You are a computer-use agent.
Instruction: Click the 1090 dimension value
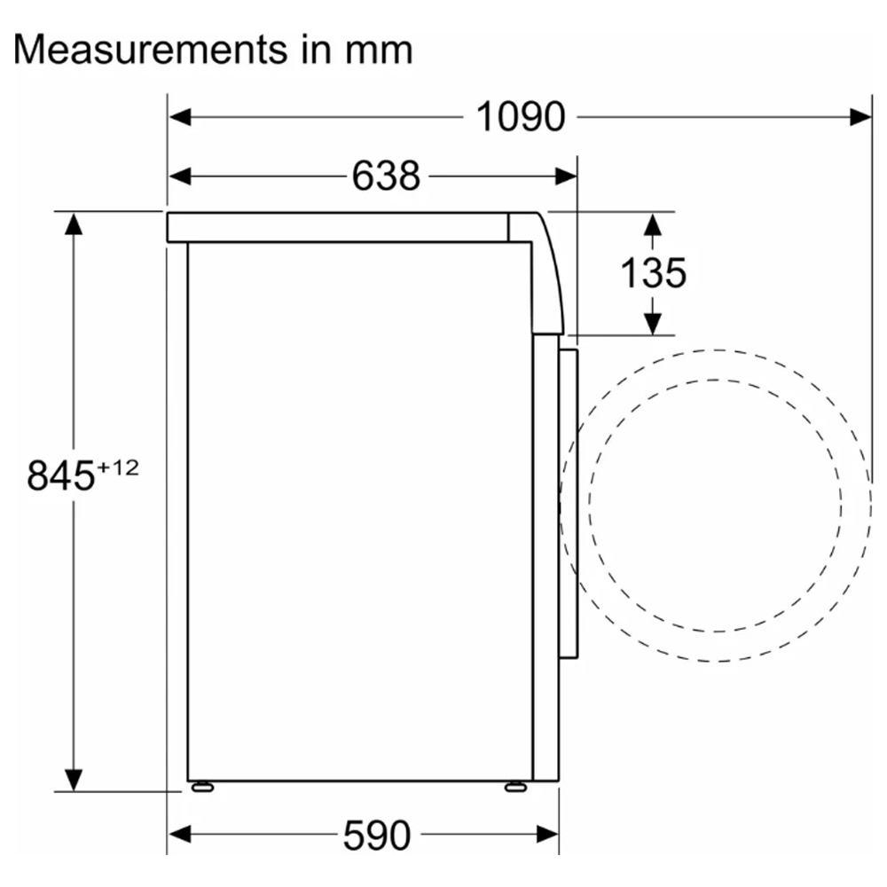coord(521,117)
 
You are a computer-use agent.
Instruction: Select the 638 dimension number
coord(386,176)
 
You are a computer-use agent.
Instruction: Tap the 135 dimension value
coord(654,273)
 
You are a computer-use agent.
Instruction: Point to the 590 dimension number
coord(377,835)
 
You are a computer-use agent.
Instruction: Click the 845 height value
coord(61,475)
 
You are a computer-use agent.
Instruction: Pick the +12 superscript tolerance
coord(118,467)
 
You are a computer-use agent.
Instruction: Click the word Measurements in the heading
coord(151,50)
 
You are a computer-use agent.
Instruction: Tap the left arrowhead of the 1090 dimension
coord(180,118)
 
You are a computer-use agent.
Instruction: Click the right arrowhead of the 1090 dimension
coord(860,118)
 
